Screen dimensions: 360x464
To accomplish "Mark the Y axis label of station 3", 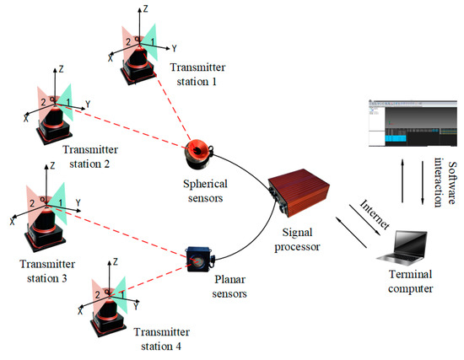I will point(78,202).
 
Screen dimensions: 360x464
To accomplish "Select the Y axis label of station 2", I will point(87,105).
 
